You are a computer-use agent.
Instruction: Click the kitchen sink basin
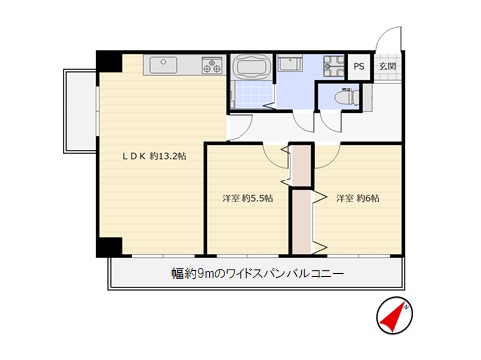click(163, 65)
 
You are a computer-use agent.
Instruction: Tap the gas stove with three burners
click(212, 65)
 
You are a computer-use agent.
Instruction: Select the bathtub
click(251, 66)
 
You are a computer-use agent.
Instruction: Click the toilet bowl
click(346, 97)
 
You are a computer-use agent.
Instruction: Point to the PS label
click(359, 66)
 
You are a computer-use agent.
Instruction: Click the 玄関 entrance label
click(388, 66)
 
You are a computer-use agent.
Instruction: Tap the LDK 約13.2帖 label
click(154, 156)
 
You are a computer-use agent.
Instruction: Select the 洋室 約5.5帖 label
click(247, 198)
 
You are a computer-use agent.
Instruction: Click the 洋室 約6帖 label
click(358, 198)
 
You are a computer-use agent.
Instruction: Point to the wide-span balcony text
click(257, 274)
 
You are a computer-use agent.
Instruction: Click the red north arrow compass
click(395, 315)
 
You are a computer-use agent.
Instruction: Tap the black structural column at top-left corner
click(109, 62)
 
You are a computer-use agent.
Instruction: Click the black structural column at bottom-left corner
click(109, 247)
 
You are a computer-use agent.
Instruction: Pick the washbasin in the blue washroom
click(290, 63)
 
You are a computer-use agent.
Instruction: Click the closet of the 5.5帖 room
click(301, 166)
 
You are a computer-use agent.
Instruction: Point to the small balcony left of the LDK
click(80, 111)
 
